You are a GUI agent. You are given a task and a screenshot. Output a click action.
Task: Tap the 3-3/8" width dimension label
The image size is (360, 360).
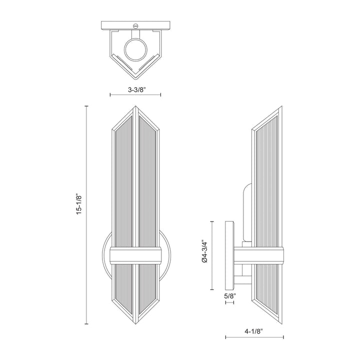click(x=135, y=90)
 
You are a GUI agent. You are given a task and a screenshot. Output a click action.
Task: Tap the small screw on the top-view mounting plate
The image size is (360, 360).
click(x=135, y=24)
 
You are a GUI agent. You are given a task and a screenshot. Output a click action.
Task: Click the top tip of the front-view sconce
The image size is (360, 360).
click(x=135, y=106)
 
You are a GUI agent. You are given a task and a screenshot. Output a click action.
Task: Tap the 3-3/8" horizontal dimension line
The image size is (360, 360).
click(x=135, y=95)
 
